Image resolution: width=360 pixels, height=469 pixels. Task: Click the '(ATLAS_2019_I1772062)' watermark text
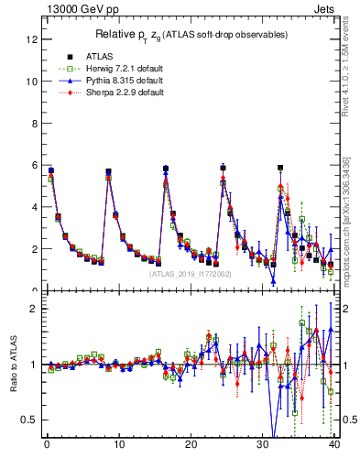[190, 273]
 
